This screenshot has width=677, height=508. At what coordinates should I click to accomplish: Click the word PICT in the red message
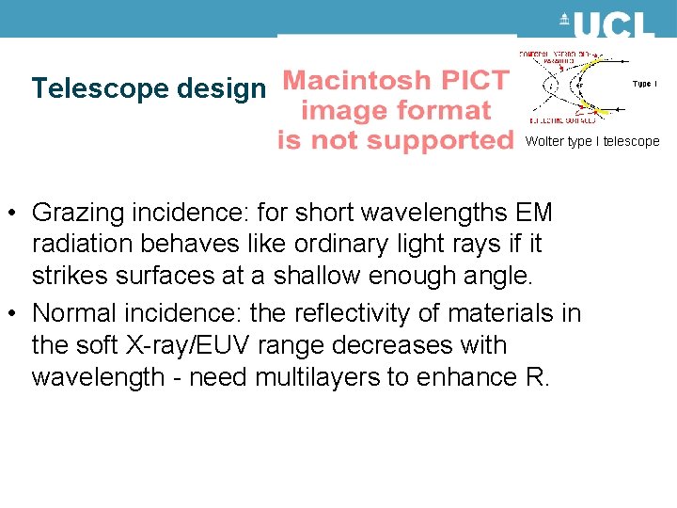point(476,81)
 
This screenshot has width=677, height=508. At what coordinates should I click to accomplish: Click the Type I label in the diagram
point(644,84)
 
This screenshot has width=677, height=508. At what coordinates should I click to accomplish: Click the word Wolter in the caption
point(543,142)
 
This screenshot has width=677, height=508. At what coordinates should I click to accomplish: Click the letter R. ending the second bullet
point(531,378)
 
